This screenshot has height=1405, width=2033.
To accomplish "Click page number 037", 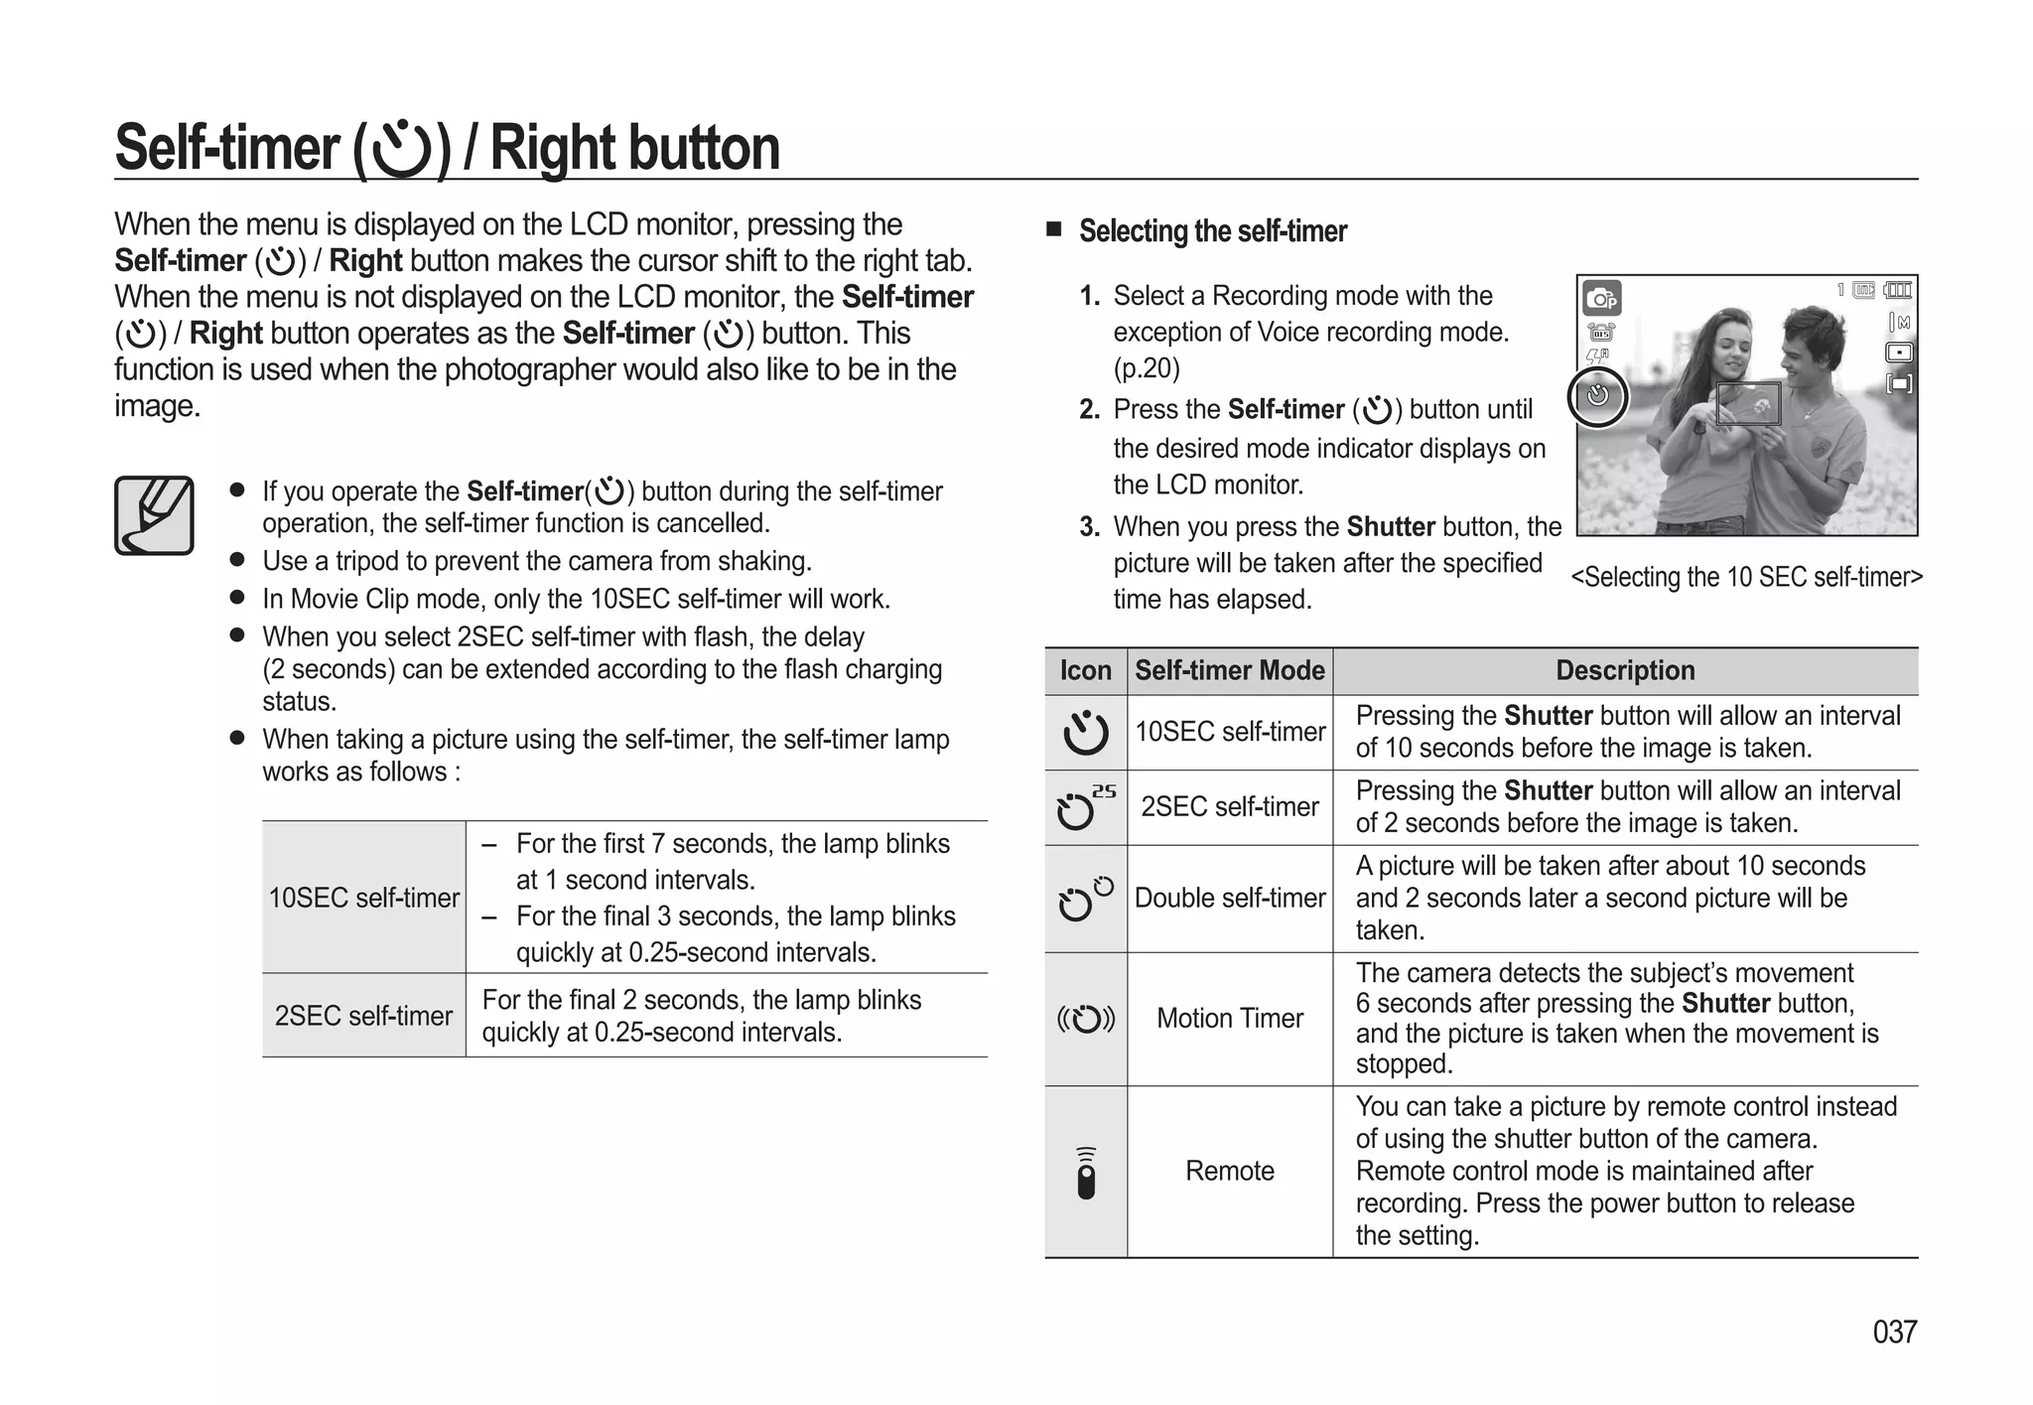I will (1894, 1332).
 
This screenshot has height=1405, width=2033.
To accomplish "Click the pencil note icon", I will (154, 515).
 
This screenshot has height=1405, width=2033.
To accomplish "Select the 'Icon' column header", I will (1085, 670).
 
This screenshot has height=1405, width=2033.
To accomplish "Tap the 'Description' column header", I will (1625, 670).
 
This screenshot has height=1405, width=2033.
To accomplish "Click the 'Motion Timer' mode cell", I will (1229, 1019).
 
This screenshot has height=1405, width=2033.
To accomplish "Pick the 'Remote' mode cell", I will (1229, 1171).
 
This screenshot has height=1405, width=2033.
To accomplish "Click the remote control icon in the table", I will (1086, 1174).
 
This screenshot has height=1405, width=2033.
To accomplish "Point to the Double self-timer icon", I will (1085, 899).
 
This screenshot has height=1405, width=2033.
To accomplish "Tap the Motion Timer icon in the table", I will (1085, 1019).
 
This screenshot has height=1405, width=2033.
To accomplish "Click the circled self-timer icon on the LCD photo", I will (1597, 396).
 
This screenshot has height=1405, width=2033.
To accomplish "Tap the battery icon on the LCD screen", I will (1898, 290).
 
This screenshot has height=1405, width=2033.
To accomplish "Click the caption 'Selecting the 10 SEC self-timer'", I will (1746, 577).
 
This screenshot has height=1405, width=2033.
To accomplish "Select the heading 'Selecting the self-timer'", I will (1212, 231).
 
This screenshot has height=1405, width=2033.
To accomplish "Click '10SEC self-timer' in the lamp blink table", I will (363, 898).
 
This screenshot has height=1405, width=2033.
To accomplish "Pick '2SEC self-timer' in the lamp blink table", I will (363, 1016).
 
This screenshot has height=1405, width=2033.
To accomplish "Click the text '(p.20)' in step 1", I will (1147, 368).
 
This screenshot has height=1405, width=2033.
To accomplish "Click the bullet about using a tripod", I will (536, 561).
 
